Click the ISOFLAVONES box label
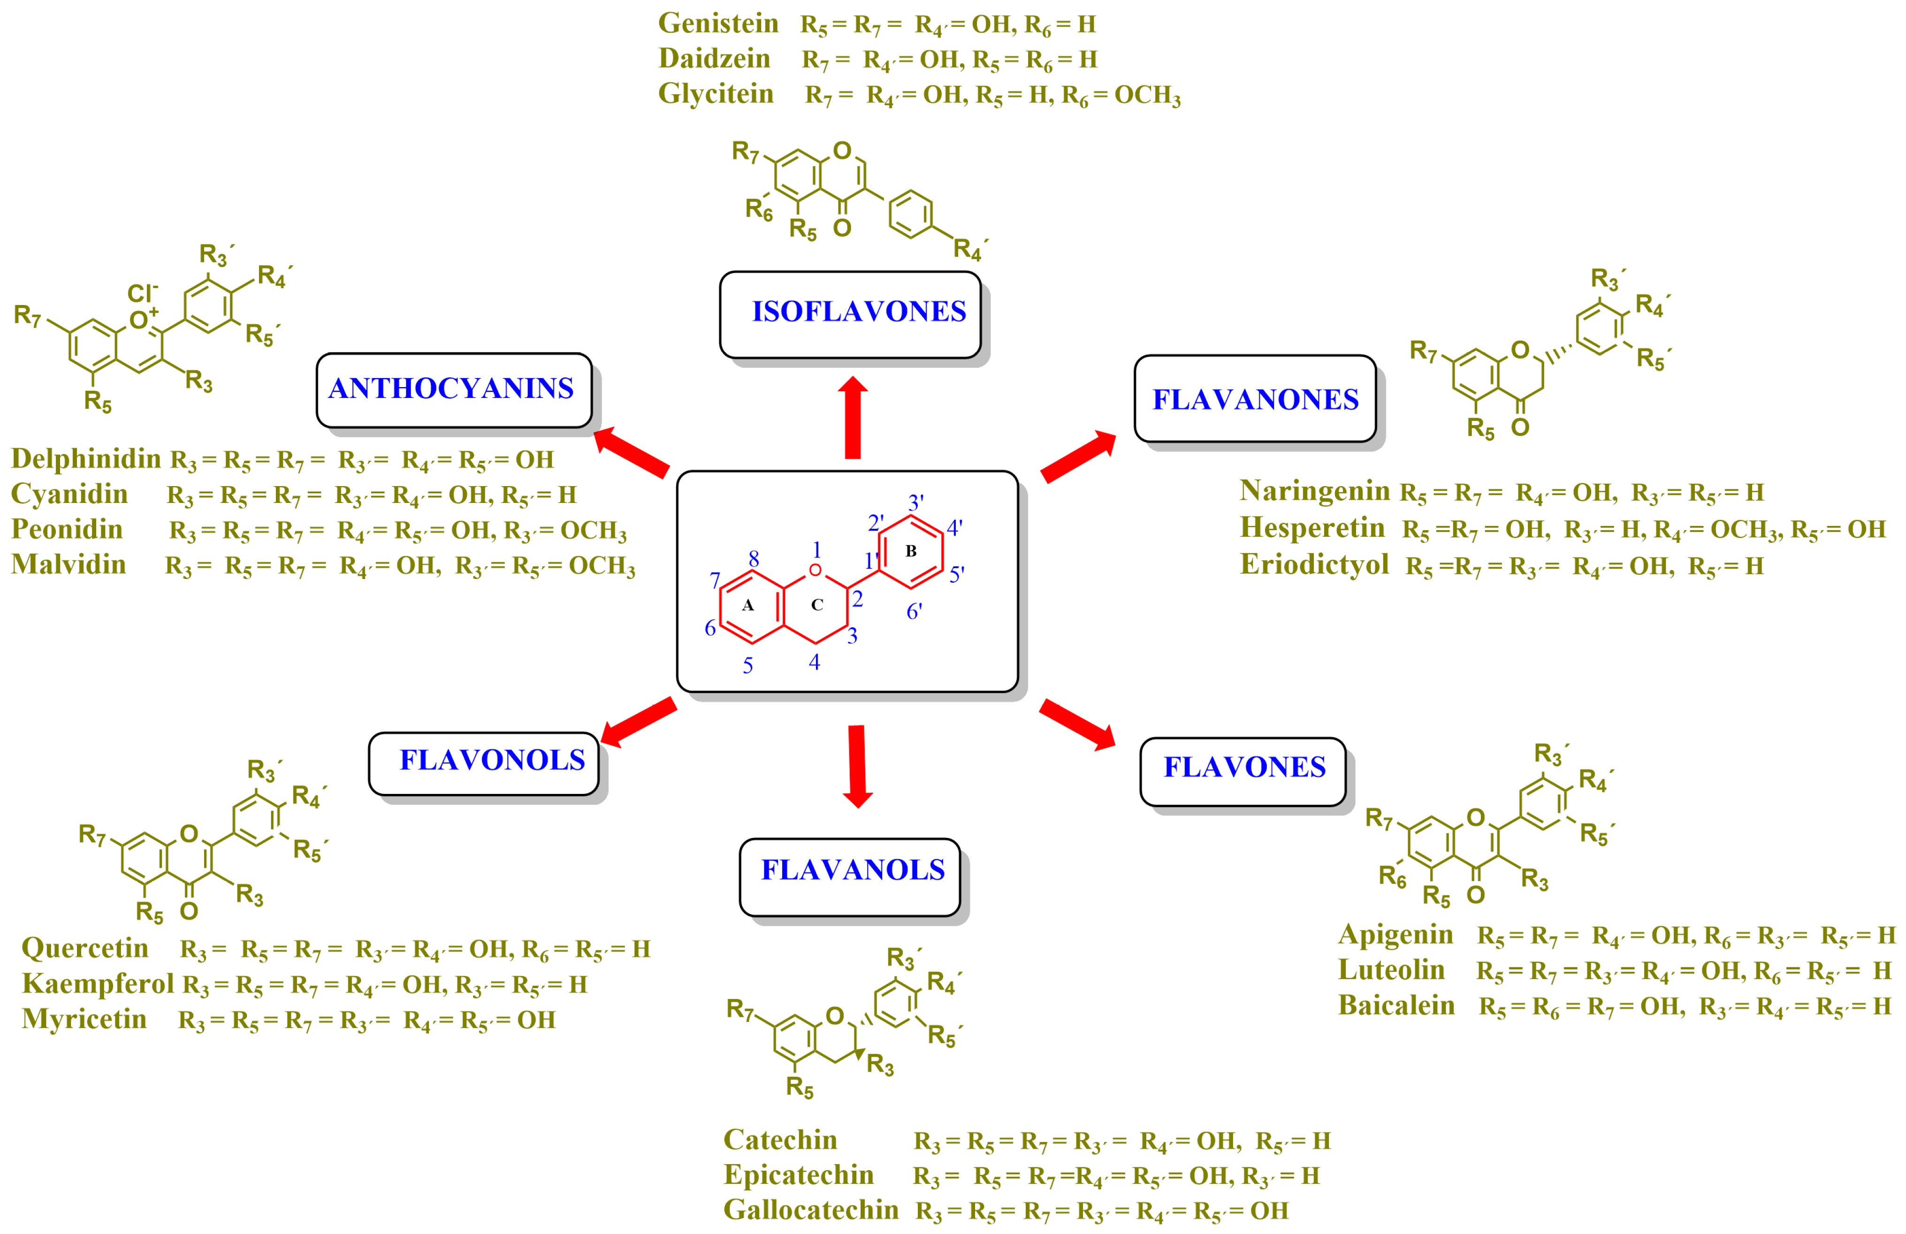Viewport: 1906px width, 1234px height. pos(859,312)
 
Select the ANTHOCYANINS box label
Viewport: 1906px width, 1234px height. pos(451,388)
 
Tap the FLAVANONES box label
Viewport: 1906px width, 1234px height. pos(1255,400)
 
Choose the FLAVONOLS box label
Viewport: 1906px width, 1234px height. pos(492,760)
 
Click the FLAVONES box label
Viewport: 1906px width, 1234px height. pos(1244,767)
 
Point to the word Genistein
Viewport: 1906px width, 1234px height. pos(717,23)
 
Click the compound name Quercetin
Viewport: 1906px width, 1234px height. pos(85,948)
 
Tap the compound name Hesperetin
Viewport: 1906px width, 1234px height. pos(1312,528)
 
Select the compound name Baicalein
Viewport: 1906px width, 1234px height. pos(1396,1006)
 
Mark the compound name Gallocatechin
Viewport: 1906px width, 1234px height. pos(810,1210)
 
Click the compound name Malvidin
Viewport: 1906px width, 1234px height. pos(69,564)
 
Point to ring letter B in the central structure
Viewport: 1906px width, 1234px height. pos(911,551)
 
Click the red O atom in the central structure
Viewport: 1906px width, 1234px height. pos(815,570)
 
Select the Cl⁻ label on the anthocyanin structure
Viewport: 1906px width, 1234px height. pos(143,293)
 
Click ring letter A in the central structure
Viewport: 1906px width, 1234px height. pos(747,605)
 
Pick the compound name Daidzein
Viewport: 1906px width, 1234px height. pos(714,59)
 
